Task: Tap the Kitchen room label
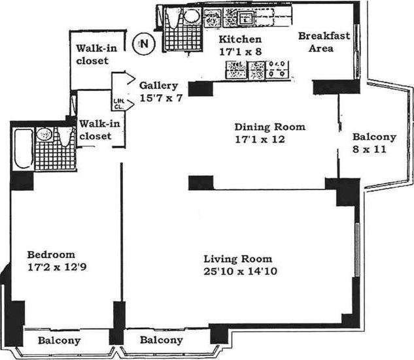tap(239, 40)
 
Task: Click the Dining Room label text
tap(260, 127)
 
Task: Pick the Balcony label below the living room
tap(161, 340)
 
